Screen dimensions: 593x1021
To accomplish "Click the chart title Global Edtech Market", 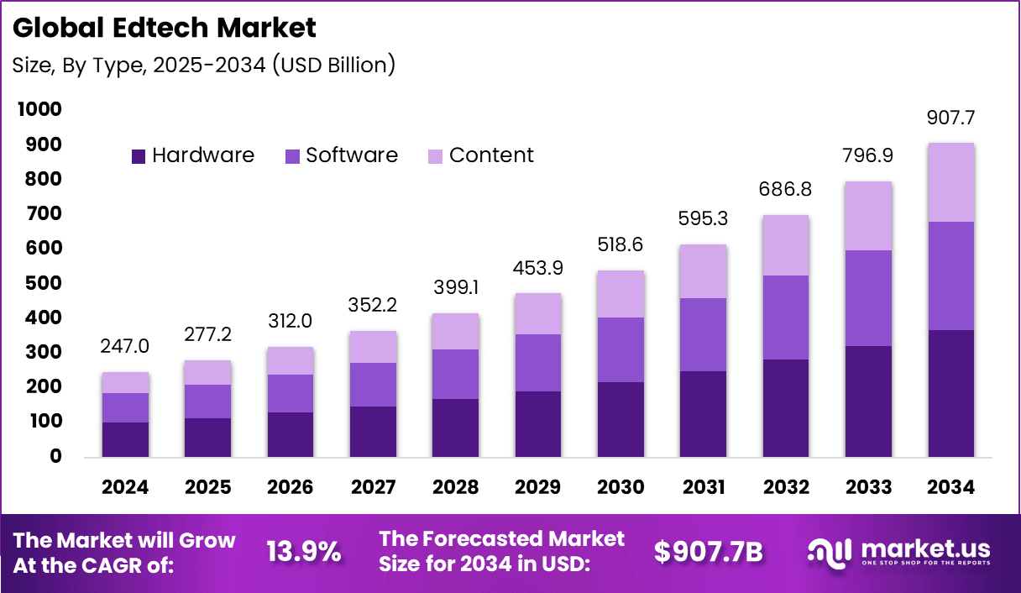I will pyautogui.click(x=165, y=28).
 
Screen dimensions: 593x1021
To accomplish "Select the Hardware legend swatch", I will pyautogui.click(x=139, y=156).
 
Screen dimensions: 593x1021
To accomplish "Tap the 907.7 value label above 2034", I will pyautogui.click(x=950, y=118).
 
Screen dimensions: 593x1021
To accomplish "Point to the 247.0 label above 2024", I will pyautogui.click(x=125, y=346).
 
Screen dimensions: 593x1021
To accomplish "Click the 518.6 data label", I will pyautogui.click(x=620, y=244).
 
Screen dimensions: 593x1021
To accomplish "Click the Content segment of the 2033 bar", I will pyautogui.click(x=868, y=216).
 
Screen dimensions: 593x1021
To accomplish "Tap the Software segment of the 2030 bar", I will pyautogui.click(x=620, y=349).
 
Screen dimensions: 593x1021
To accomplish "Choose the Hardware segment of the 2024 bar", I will pyautogui.click(x=125, y=439).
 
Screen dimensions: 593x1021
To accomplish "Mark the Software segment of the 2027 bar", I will pyautogui.click(x=373, y=385).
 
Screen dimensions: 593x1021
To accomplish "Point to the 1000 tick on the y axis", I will pyautogui.click(x=38, y=110).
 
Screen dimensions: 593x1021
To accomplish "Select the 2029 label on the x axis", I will pyautogui.click(x=538, y=488).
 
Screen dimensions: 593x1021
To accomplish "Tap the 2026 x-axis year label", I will pyautogui.click(x=291, y=488).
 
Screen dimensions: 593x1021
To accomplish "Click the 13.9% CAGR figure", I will pyautogui.click(x=304, y=553).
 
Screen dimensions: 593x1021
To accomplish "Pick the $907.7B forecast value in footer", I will pyautogui.click(x=708, y=553).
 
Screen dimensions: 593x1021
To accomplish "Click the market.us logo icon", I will pyautogui.click(x=830, y=552).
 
